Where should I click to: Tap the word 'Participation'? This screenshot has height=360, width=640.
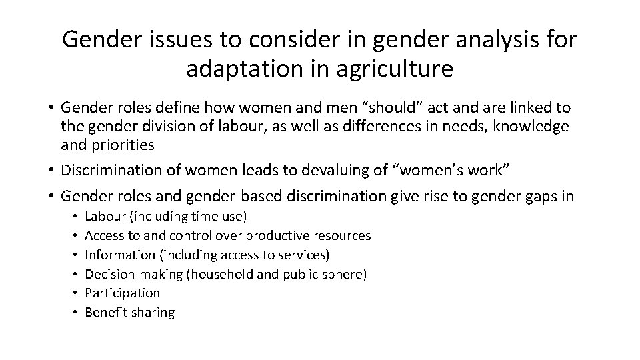pos(123,293)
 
